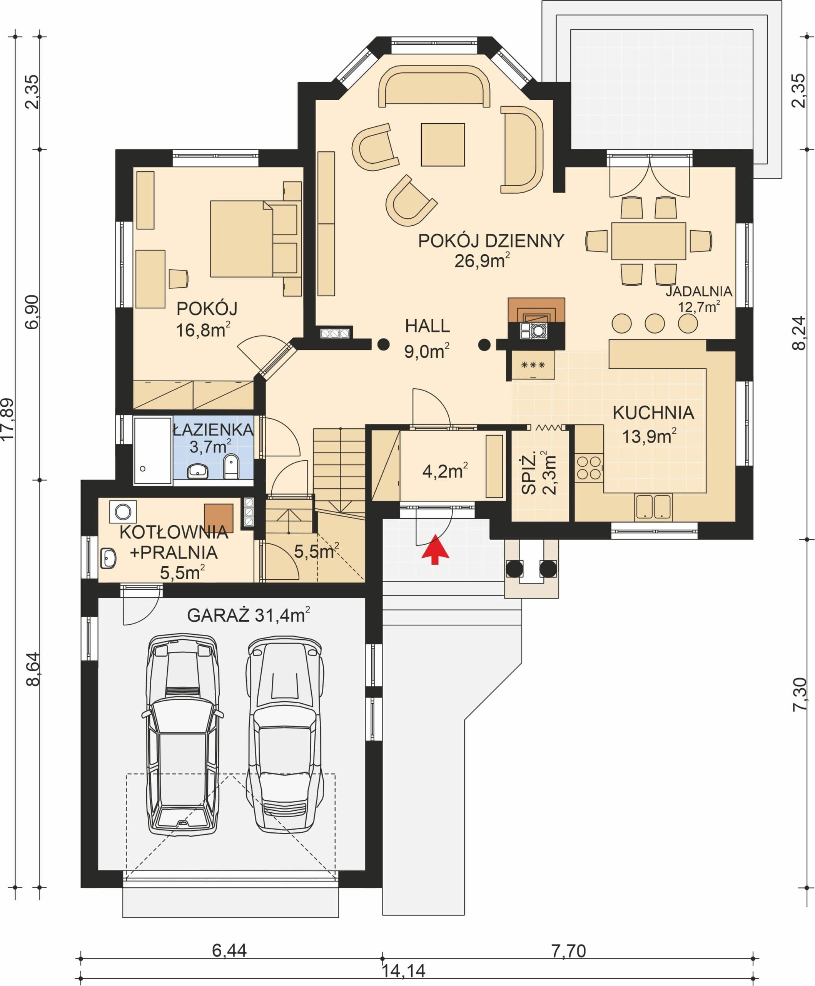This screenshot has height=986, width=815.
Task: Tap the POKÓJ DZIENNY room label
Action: coord(491,241)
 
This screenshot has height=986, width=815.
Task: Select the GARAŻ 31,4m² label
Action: coord(248,615)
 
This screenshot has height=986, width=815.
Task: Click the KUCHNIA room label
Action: coord(653,413)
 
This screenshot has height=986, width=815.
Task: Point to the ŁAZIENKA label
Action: coord(214,429)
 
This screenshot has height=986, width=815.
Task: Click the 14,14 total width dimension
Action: coord(404,971)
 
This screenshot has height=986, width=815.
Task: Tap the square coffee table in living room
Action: coord(443,144)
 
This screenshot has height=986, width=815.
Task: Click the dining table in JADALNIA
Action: coord(648,241)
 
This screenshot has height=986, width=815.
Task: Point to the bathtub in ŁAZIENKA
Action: coord(152,451)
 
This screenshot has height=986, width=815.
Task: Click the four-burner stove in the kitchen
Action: coord(589,467)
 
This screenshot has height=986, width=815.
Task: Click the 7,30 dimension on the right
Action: coord(800,694)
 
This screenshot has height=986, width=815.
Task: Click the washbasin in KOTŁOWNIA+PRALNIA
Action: coord(109,558)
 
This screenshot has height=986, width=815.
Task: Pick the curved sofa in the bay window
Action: coord(434,86)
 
